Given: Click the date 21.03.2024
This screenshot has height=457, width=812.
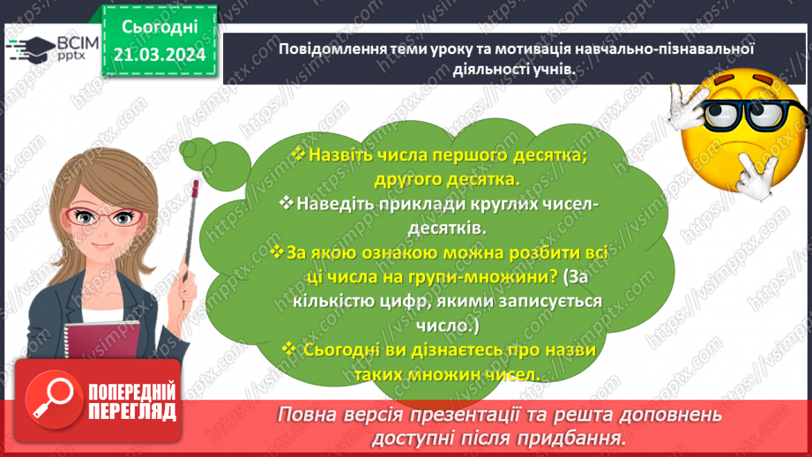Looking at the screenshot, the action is (x=160, y=55).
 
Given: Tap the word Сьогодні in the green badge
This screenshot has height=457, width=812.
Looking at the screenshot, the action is (x=160, y=27).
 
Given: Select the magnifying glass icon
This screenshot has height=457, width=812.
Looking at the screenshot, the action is (x=53, y=399).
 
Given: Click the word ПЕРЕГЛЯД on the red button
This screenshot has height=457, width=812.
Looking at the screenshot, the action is (x=132, y=412).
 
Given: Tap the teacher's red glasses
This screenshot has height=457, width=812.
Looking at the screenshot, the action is (x=103, y=217).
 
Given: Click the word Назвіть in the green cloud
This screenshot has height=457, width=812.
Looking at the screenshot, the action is (x=340, y=155).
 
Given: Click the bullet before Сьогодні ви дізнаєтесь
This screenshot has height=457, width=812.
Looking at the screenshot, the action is (x=289, y=348).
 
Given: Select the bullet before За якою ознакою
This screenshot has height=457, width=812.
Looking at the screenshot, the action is (x=277, y=252).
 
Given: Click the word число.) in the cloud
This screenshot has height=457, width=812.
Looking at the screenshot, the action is (x=448, y=326).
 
